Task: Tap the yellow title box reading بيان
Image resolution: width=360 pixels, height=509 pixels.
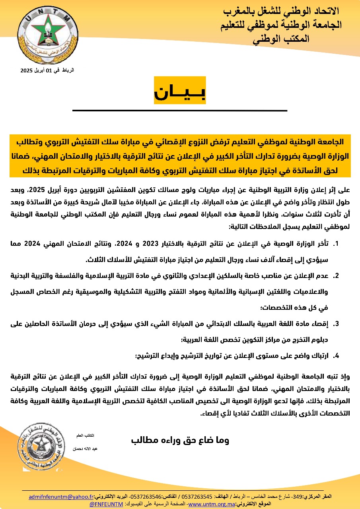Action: tap(180, 91)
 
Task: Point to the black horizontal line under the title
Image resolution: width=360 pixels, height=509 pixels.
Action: tap(180, 110)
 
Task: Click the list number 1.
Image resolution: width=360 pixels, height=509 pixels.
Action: tap(336, 244)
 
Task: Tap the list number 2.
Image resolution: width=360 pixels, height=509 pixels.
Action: tap(336, 276)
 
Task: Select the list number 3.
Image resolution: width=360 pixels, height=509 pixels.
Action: tap(336, 324)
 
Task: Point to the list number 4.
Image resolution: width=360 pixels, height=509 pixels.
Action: tap(336, 356)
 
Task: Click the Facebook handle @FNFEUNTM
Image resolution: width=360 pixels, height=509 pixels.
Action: tap(106, 504)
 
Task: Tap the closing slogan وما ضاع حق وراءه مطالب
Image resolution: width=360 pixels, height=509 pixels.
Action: tap(180, 440)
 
